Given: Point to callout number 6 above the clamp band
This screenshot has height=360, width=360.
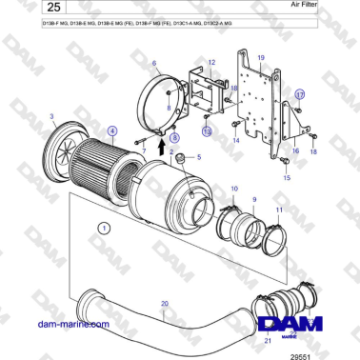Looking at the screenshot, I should [153, 63].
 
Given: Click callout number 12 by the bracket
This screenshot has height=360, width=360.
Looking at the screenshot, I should [211, 63].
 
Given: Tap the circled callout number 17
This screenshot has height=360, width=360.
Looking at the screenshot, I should [298, 94].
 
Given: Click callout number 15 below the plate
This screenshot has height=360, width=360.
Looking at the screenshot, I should [286, 177].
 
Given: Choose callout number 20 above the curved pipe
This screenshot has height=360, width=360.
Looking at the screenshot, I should [164, 303].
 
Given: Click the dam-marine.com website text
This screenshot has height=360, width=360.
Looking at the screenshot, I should [63, 324].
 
